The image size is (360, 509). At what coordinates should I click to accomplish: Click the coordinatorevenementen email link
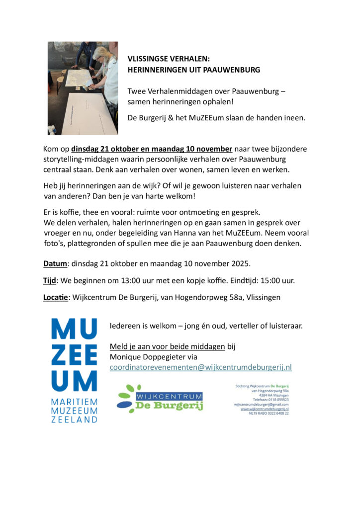coord(200,367)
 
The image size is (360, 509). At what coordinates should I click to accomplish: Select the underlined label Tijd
coord(49,280)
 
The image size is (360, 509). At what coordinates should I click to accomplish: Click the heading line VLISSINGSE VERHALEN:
coord(169,59)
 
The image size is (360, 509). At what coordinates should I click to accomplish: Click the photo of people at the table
coord(83,88)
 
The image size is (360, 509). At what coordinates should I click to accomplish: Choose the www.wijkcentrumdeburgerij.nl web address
coord(265,409)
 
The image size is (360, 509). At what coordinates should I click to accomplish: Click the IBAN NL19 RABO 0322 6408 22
coord(269,413)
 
